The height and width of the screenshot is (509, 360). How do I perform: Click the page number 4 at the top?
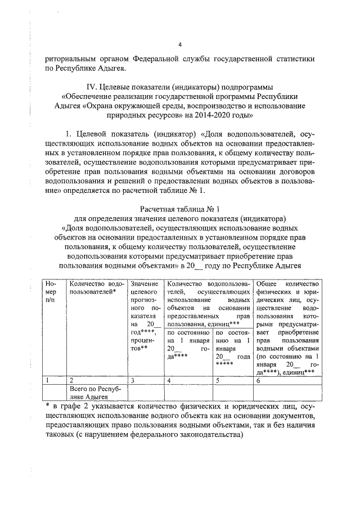click(x=179, y=44)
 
